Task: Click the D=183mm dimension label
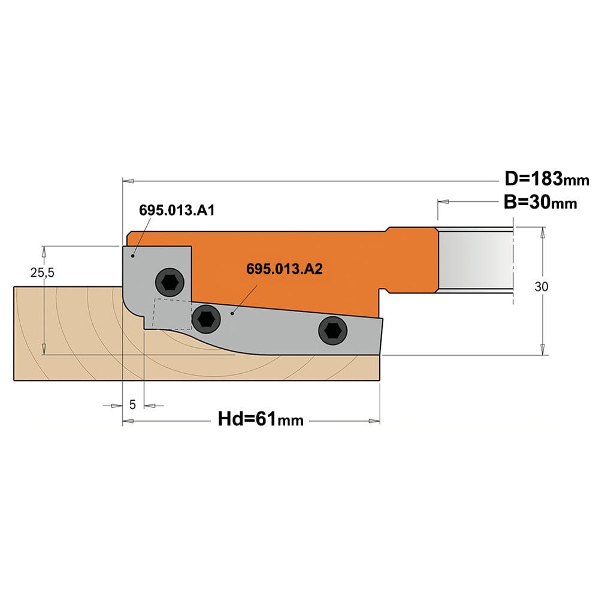point(547,179)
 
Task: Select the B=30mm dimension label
point(540,202)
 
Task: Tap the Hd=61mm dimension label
point(261,419)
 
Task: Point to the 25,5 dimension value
point(43,273)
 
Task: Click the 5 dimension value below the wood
point(132,404)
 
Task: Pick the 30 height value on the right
point(541,286)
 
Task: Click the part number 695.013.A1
point(177,210)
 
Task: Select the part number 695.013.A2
point(284,269)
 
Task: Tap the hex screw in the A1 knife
point(170,283)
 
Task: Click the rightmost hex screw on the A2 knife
point(332,331)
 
